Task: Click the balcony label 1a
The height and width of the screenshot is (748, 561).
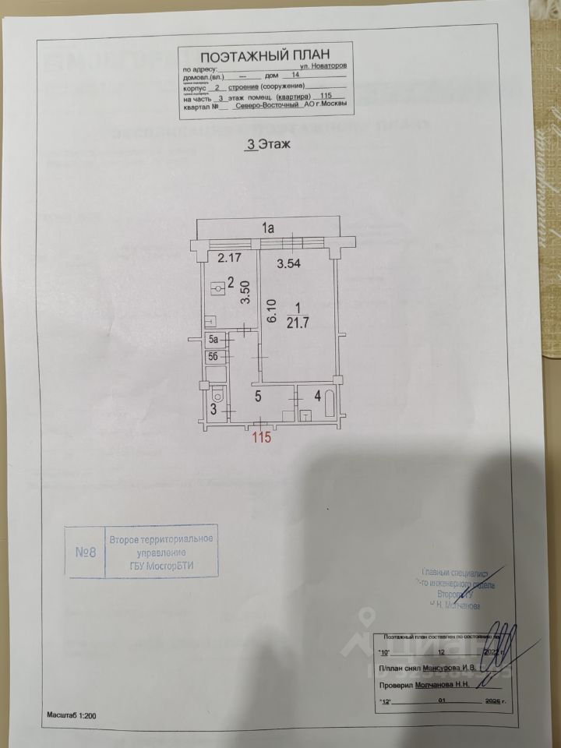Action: click(x=267, y=228)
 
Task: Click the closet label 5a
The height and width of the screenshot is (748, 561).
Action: click(x=214, y=340)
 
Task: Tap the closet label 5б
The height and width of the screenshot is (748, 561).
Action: click(x=214, y=356)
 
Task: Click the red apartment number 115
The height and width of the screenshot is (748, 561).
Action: click(x=261, y=438)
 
